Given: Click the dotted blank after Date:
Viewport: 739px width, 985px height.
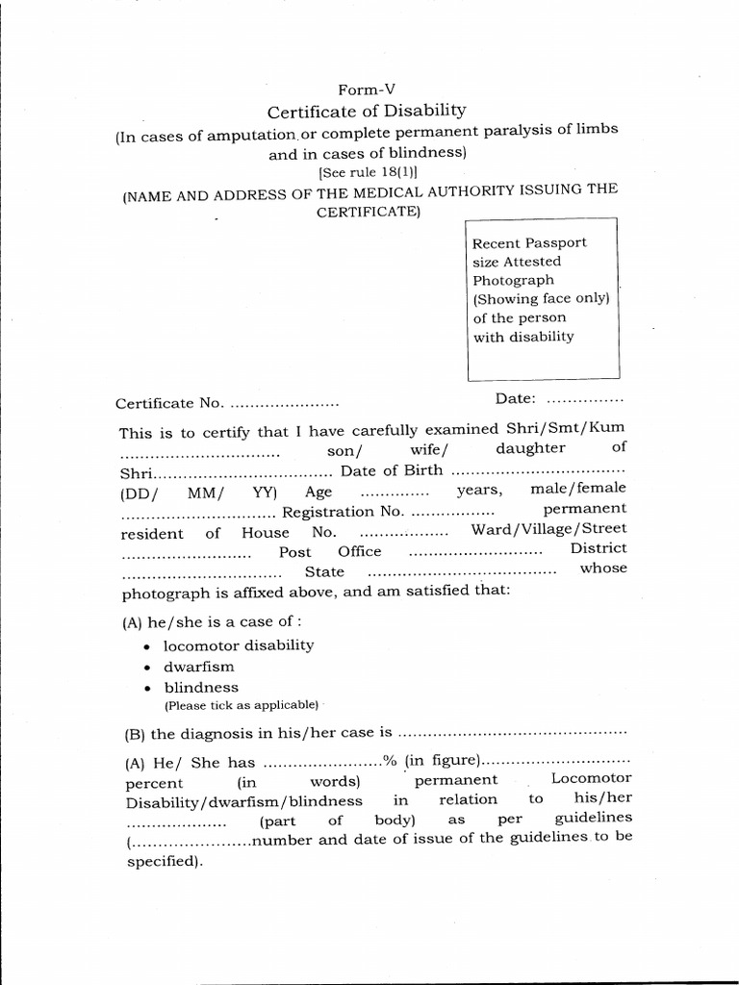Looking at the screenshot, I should pyautogui.click(x=586, y=398).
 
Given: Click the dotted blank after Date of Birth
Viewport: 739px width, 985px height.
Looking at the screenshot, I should pyautogui.click(x=538, y=471).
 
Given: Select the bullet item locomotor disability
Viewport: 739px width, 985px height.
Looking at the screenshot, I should pyautogui.click(x=238, y=645).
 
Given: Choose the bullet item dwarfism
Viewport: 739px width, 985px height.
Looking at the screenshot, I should pyautogui.click(x=198, y=667).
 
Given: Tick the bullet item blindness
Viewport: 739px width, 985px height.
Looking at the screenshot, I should pyautogui.click(x=200, y=688).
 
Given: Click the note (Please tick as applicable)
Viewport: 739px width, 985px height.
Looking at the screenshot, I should pyautogui.click(x=240, y=705).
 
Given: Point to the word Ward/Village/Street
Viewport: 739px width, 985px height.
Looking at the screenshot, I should pyautogui.click(x=548, y=529).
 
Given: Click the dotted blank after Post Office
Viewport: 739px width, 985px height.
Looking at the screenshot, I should pyautogui.click(x=475, y=552).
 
